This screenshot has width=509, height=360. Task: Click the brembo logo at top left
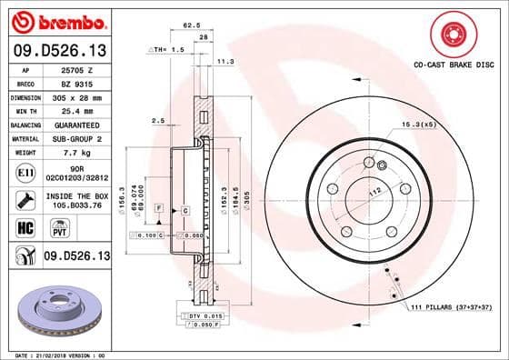tap(56, 21)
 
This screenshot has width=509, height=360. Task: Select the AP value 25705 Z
tap(77, 69)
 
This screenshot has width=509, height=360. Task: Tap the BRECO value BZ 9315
tap(75, 82)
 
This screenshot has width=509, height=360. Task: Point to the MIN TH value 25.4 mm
tap(75, 108)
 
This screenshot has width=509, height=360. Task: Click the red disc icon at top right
tap(452, 35)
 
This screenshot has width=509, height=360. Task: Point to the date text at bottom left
tap(57, 354)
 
